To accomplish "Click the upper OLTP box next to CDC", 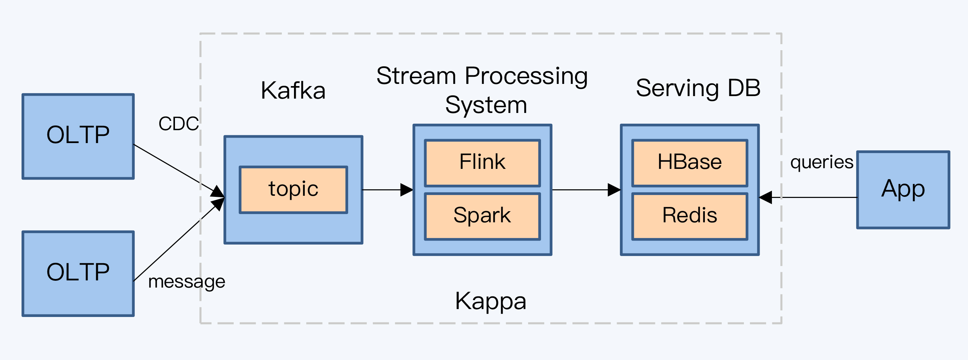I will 78,136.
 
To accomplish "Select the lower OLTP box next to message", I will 78,274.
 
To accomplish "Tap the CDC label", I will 179,124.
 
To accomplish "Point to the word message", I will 187,282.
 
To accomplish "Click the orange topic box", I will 294,190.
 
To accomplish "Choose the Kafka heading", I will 293,91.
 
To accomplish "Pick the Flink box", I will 483,163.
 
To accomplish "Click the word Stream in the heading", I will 416,76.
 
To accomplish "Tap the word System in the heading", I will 486,105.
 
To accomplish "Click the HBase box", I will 689,163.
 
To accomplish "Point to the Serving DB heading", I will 698,88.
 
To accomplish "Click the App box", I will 903,190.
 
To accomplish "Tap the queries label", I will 822,162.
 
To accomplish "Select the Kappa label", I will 490,302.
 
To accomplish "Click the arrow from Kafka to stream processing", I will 388,190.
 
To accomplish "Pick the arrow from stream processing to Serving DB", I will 586,190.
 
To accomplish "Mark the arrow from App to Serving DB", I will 808,197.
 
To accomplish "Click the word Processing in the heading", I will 526,76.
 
